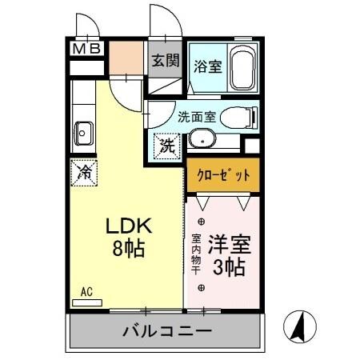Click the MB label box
point(87,50)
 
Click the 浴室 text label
point(207,68)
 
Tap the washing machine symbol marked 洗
point(166,146)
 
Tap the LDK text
point(126,226)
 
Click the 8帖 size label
point(126,249)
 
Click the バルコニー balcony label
point(166,331)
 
